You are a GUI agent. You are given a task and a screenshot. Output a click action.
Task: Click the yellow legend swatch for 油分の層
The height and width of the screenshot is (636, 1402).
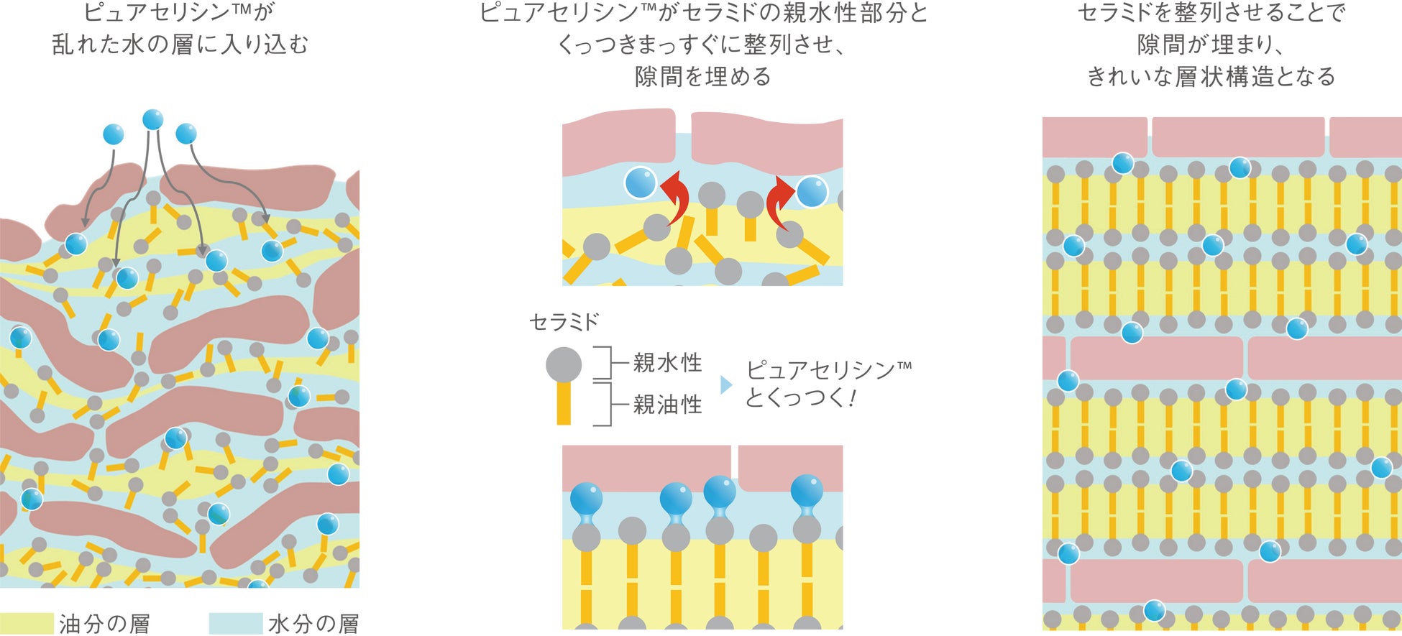point(27,623)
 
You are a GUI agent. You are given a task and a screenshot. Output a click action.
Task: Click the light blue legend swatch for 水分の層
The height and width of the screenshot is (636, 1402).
point(235,623)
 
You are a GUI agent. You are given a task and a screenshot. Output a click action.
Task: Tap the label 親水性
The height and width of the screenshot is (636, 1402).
point(667,363)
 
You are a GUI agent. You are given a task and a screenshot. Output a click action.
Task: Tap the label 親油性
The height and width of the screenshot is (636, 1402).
point(667,405)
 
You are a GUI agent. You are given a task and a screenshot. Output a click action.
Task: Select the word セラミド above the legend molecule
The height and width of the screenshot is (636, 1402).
point(564,322)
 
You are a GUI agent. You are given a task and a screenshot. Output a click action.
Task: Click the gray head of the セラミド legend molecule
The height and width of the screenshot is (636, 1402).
point(564,364)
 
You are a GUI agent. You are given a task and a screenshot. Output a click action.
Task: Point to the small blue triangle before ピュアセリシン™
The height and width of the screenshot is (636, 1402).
point(726,385)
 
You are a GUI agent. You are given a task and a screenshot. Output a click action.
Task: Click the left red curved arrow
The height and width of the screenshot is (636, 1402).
point(677,198)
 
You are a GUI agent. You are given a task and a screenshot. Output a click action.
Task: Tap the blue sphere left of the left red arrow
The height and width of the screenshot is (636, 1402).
point(640,183)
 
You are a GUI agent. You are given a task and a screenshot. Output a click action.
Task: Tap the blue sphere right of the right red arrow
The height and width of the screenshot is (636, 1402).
point(812,192)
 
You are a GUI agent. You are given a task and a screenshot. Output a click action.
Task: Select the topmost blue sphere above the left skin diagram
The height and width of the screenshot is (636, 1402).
point(152,119)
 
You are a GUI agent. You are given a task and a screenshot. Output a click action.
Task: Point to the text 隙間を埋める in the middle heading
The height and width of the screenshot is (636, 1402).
point(702,76)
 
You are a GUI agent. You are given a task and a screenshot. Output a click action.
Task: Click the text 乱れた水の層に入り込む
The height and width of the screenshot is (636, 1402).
point(180,45)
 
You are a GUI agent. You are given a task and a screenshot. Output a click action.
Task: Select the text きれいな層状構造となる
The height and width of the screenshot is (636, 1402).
point(1211,76)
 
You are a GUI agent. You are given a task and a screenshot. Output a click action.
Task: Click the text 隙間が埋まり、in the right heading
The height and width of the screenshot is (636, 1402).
point(1211,45)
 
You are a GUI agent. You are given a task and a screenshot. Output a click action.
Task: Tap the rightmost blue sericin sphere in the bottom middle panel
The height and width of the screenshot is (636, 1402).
point(807,492)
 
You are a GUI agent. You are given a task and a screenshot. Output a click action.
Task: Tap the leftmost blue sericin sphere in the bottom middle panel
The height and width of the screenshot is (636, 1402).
point(586,498)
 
